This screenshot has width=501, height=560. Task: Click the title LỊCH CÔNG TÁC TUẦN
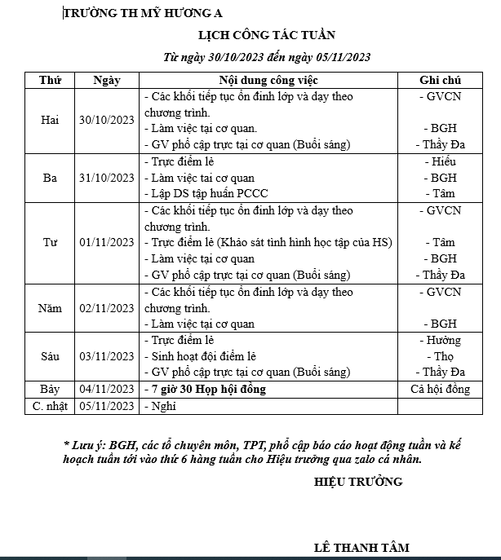pos(266,34)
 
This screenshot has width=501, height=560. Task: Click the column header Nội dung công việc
pos(268,80)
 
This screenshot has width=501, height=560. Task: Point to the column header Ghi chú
pos(440,80)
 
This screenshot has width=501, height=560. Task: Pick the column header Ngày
pos(107,80)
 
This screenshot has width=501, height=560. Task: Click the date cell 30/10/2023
pos(107,121)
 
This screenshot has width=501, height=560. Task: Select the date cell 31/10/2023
pos(107,178)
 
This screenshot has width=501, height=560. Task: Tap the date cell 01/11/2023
pos(107,242)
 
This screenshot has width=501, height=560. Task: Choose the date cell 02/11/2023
pos(107,307)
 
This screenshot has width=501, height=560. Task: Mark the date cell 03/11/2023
pos(107,356)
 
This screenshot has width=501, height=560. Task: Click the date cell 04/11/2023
pos(107,389)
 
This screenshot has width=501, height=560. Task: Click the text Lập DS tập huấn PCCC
pos(210,194)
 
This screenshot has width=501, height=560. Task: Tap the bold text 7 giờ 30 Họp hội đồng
pos(208,389)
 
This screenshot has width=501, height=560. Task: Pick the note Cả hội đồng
pos(441,389)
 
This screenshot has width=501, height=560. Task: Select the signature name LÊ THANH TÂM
pos(361,548)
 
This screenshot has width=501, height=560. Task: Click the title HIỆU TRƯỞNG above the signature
pos(358,482)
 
